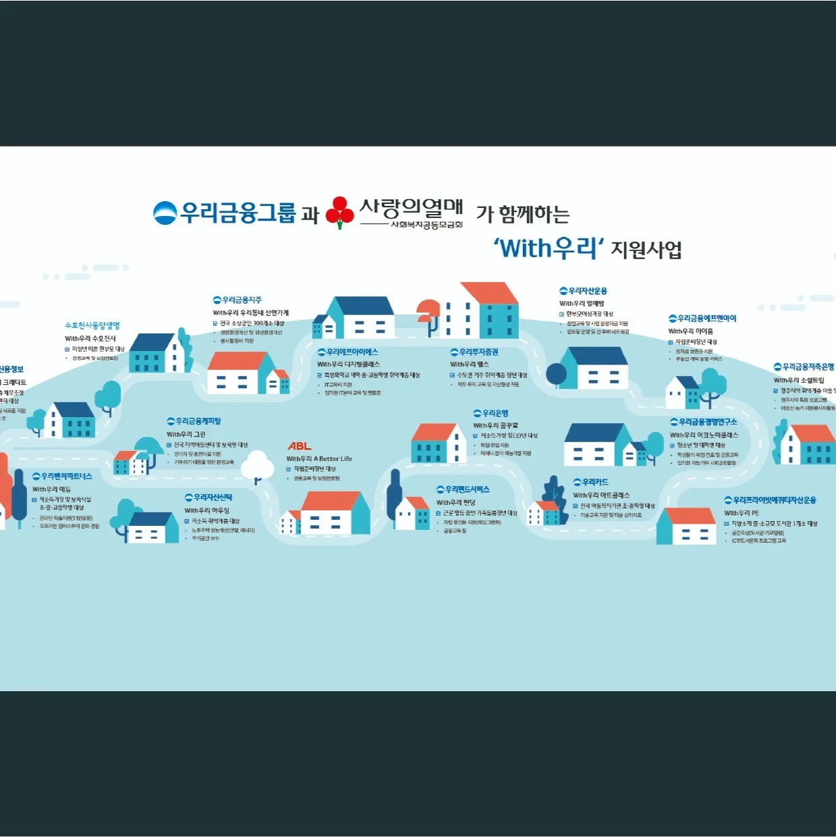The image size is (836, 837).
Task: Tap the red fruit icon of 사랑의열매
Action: click(339, 212)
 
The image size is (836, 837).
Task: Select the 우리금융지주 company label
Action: click(238, 300)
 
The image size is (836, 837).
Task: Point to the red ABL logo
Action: click(300, 446)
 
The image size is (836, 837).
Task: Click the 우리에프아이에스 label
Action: click(348, 352)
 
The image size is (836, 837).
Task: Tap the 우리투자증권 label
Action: click(474, 352)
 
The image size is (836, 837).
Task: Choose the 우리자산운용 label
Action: click(584, 291)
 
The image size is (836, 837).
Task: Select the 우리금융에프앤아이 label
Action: click(702, 319)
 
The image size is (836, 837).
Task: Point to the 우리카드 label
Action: click(591, 482)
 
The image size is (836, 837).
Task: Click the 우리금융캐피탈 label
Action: click(194, 421)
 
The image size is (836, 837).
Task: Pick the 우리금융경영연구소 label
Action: click(704, 422)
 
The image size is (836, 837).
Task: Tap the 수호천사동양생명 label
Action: click(92, 325)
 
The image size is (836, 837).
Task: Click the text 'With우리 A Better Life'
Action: click(319, 459)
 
